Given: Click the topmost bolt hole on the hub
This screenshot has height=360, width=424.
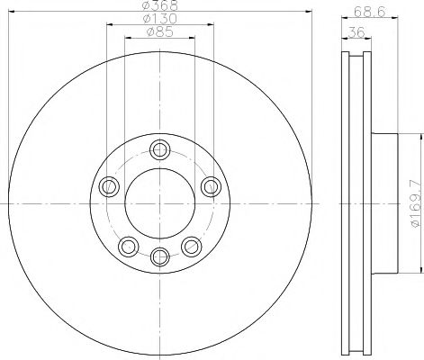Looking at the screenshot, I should (160, 149).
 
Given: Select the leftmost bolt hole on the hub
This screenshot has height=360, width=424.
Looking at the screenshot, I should (111, 186).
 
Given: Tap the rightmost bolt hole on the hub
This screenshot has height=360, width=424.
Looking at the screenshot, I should (211, 186).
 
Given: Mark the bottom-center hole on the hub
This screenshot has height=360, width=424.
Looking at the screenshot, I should (160, 254).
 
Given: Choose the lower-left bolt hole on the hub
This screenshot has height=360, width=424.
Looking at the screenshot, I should (130, 244).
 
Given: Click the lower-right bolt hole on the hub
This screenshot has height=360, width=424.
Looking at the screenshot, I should (191, 244).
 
